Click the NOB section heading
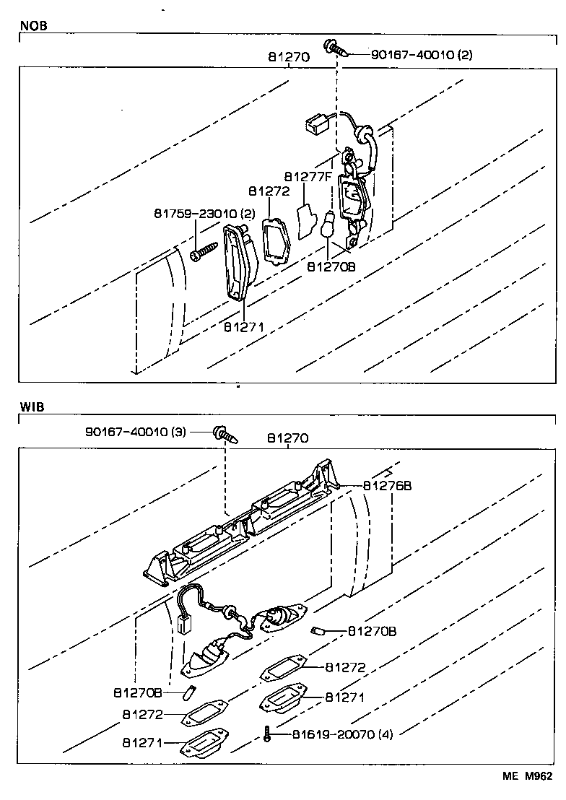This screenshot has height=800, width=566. [32, 25]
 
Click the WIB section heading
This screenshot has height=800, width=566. [32, 407]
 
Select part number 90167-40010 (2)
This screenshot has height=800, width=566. [422, 54]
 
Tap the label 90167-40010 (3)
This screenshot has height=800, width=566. [136, 432]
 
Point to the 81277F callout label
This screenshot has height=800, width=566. [308, 176]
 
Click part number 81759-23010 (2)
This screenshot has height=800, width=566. [204, 214]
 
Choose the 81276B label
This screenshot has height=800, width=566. [387, 486]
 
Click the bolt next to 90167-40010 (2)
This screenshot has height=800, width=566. [337, 48]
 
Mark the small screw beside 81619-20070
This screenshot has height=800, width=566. [268, 735]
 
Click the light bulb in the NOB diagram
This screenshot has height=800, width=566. [327, 226]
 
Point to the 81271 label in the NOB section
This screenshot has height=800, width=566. [243, 326]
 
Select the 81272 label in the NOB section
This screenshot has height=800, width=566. [269, 192]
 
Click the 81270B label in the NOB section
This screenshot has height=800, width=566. [331, 266]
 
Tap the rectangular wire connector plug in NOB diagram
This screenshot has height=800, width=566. [314, 126]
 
